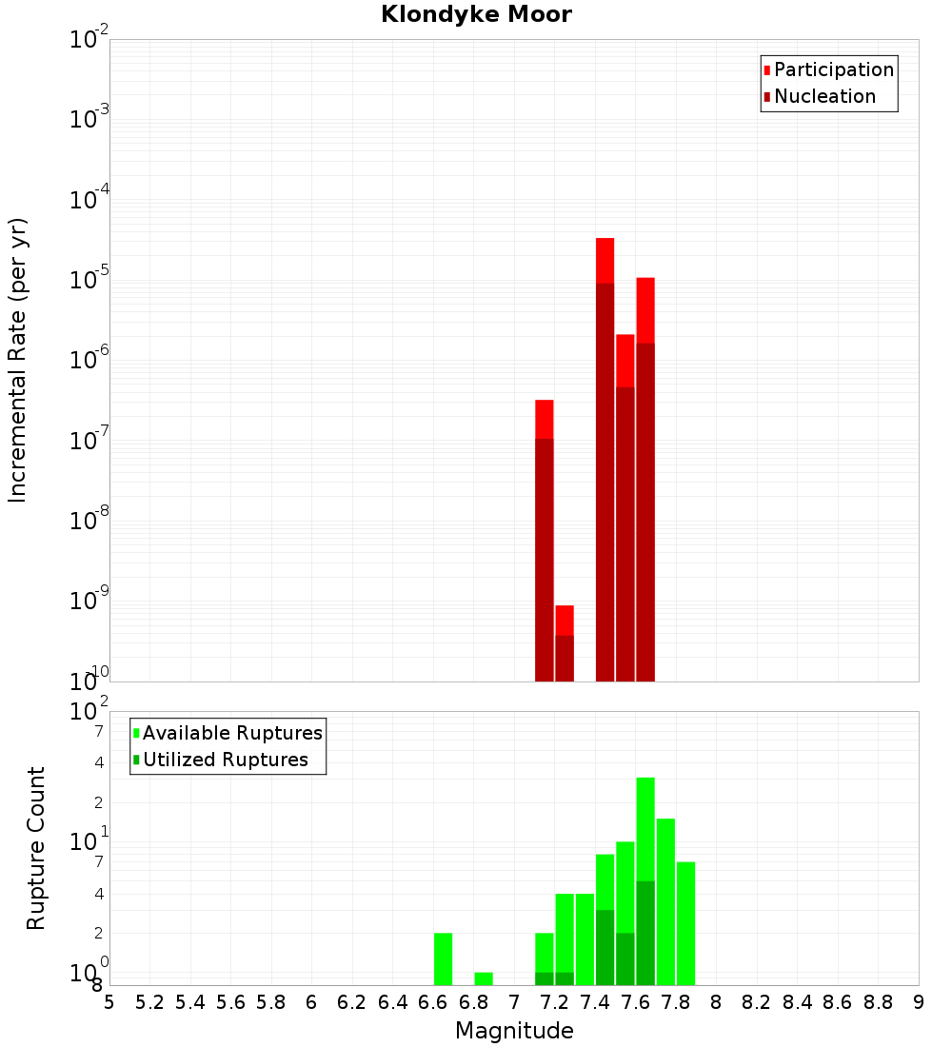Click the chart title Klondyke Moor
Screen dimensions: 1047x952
tap(476, 14)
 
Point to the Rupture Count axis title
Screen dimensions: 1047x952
tap(36, 848)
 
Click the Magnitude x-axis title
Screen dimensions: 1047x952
tap(514, 1031)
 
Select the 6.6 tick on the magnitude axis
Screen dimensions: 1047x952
tap(433, 1002)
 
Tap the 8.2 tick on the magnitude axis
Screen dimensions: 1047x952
tap(757, 1002)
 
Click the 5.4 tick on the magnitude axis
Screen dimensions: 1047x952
tap(190, 1002)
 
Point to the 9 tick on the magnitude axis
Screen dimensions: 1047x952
tap(919, 1002)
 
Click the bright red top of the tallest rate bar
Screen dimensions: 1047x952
tap(605, 260)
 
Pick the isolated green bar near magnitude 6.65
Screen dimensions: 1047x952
tap(443, 958)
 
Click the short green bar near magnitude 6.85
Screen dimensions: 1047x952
tap(484, 978)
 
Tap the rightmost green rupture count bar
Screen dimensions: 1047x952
tap(685, 923)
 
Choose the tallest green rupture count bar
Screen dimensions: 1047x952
tap(645, 828)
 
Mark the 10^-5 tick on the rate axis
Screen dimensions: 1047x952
tap(89, 280)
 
